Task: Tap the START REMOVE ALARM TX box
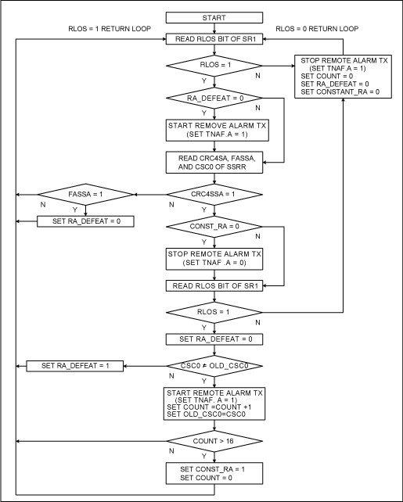[213, 129]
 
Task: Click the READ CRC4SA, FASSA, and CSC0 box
[213, 162]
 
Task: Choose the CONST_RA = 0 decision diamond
[213, 227]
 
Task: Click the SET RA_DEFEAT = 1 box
[71, 365]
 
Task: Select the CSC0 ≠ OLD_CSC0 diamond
[213, 365]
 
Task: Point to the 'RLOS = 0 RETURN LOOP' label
[321, 29]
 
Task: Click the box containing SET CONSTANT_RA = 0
[341, 76]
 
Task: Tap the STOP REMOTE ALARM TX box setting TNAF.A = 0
[213, 259]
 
